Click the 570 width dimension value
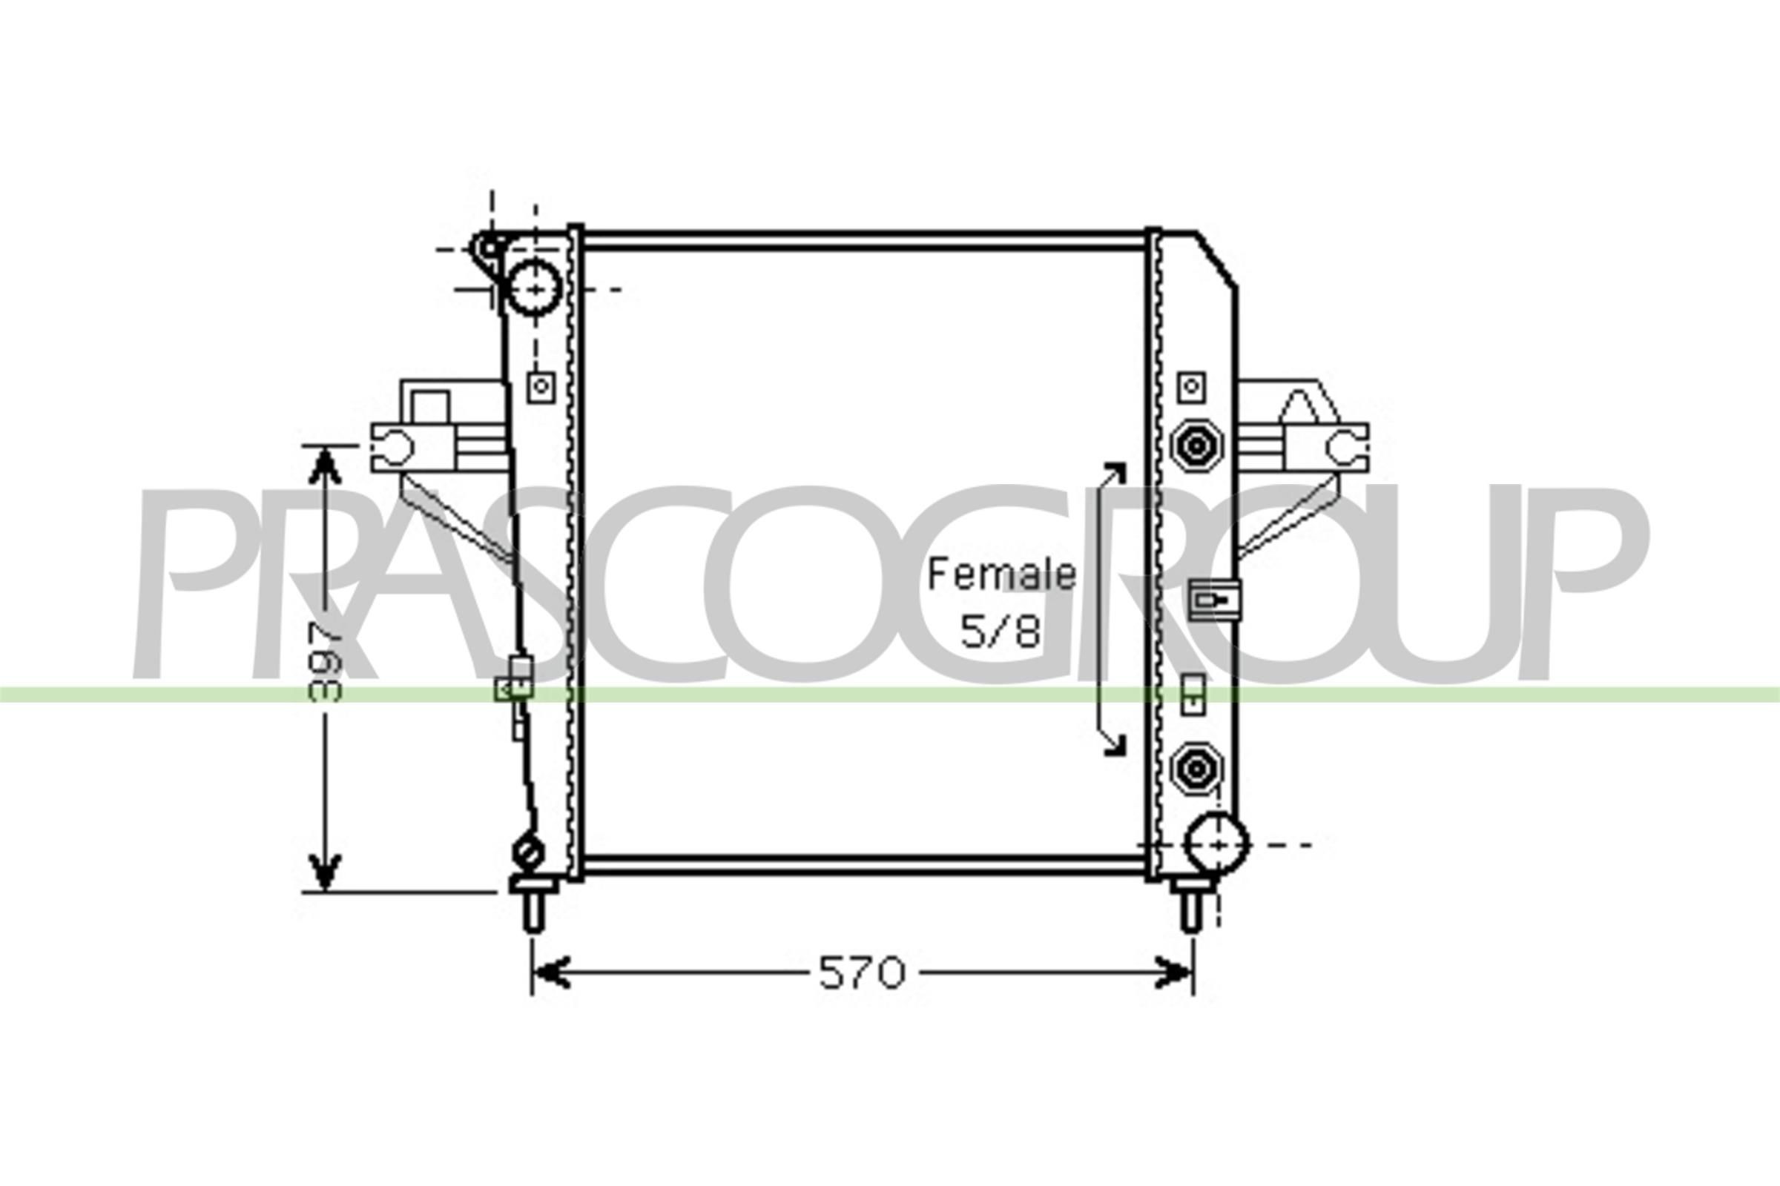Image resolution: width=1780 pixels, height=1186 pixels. [862, 973]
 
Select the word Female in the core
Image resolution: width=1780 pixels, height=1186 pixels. [1001, 575]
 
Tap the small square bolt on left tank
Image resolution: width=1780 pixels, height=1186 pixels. [541, 387]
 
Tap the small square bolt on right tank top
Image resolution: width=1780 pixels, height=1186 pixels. [1191, 387]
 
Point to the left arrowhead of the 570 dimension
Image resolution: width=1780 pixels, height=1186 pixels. [551, 973]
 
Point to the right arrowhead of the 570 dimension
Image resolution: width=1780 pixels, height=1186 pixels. [1173, 973]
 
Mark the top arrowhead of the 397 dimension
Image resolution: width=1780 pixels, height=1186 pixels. [326, 465]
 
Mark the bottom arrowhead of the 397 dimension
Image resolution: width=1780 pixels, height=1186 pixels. [326, 874]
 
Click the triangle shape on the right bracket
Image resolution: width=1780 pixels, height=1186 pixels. [1308, 408]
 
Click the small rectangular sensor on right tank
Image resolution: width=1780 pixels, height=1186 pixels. [1214, 600]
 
